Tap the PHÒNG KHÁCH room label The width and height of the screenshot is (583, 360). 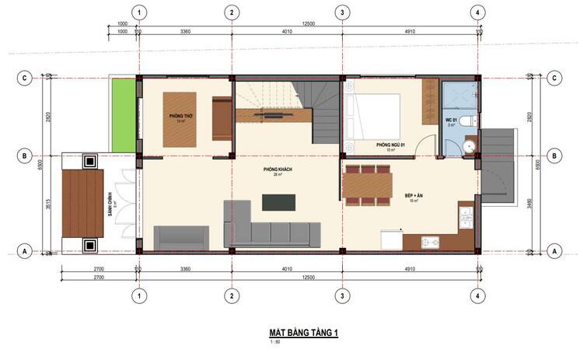tap(277, 170)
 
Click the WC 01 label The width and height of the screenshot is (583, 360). tap(450, 121)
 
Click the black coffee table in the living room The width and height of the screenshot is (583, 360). tap(279, 201)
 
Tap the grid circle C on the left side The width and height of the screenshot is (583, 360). tap(26, 78)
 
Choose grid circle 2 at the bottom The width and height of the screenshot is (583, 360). tap(231, 295)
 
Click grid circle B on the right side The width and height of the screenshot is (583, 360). tap(555, 156)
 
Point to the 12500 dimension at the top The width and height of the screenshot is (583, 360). tap(308, 24)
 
